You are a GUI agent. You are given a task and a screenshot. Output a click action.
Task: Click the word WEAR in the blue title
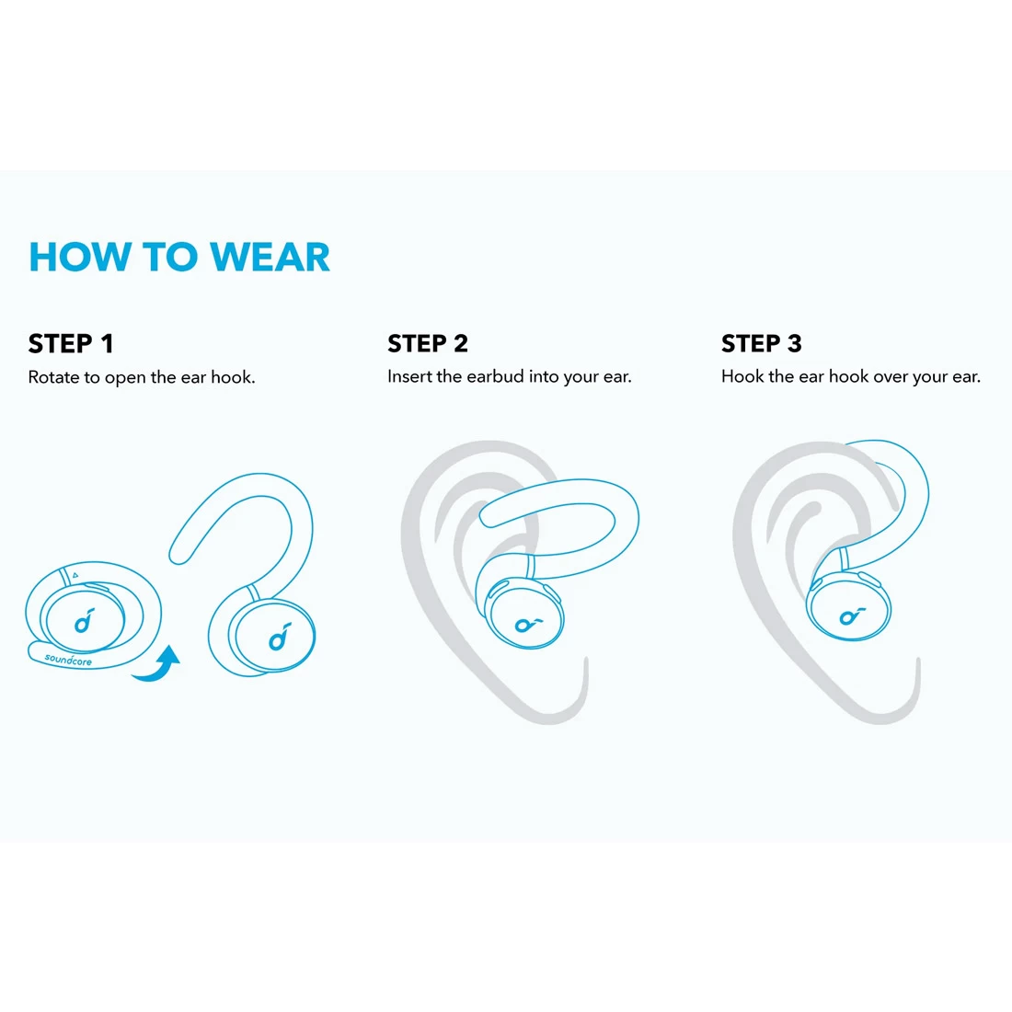(x=270, y=257)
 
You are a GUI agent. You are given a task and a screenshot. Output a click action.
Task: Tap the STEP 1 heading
(x=71, y=343)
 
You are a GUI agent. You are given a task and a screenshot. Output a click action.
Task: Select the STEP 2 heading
(x=428, y=343)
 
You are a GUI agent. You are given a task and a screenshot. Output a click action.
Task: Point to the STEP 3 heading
(x=762, y=343)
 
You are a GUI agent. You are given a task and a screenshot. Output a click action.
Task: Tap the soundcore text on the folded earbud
(x=68, y=660)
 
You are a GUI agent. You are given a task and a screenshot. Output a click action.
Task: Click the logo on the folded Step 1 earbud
(x=85, y=621)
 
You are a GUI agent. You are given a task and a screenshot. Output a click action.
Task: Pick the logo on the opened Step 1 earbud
(x=280, y=637)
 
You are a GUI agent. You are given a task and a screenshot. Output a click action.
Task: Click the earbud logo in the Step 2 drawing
(x=528, y=624)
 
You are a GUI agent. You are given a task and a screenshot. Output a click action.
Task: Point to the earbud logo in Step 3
(x=852, y=616)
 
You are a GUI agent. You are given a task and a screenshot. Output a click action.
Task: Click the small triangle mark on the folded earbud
(x=75, y=575)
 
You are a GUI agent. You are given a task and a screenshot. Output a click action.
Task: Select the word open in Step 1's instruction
(x=126, y=378)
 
